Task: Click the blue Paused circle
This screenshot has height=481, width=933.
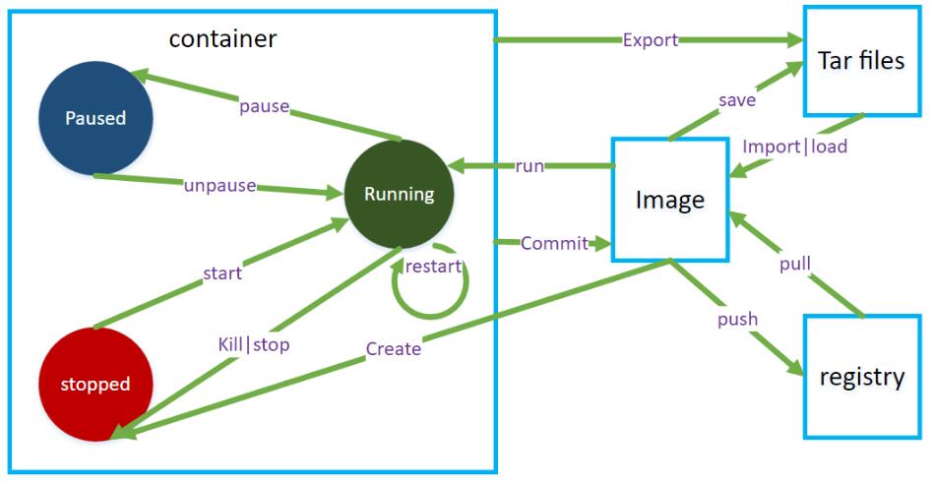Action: (x=95, y=118)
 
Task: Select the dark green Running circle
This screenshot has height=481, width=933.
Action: (x=399, y=194)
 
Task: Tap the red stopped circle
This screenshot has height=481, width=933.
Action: (x=95, y=384)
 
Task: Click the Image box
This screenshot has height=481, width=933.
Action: (x=670, y=200)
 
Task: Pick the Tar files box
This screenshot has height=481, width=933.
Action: (x=860, y=61)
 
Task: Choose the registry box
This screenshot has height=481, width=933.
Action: (x=861, y=377)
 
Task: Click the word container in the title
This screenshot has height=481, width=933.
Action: (x=222, y=39)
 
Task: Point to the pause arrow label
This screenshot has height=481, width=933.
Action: (x=264, y=105)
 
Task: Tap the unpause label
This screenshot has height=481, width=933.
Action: (x=219, y=185)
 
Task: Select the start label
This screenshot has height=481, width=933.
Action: (x=221, y=272)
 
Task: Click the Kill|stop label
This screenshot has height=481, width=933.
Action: (x=253, y=344)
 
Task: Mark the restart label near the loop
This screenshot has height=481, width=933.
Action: (x=433, y=267)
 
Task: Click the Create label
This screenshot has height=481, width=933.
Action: (x=393, y=348)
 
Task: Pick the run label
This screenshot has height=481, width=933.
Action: (x=529, y=165)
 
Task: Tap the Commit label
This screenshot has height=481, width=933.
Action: (x=554, y=243)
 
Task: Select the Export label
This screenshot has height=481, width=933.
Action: (x=651, y=40)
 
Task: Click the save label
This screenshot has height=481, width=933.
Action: (x=736, y=100)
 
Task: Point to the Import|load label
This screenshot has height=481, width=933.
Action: (x=795, y=148)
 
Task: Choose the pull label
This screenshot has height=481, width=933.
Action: (x=794, y=265)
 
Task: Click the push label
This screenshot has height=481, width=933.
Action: (x=737, y=319)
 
